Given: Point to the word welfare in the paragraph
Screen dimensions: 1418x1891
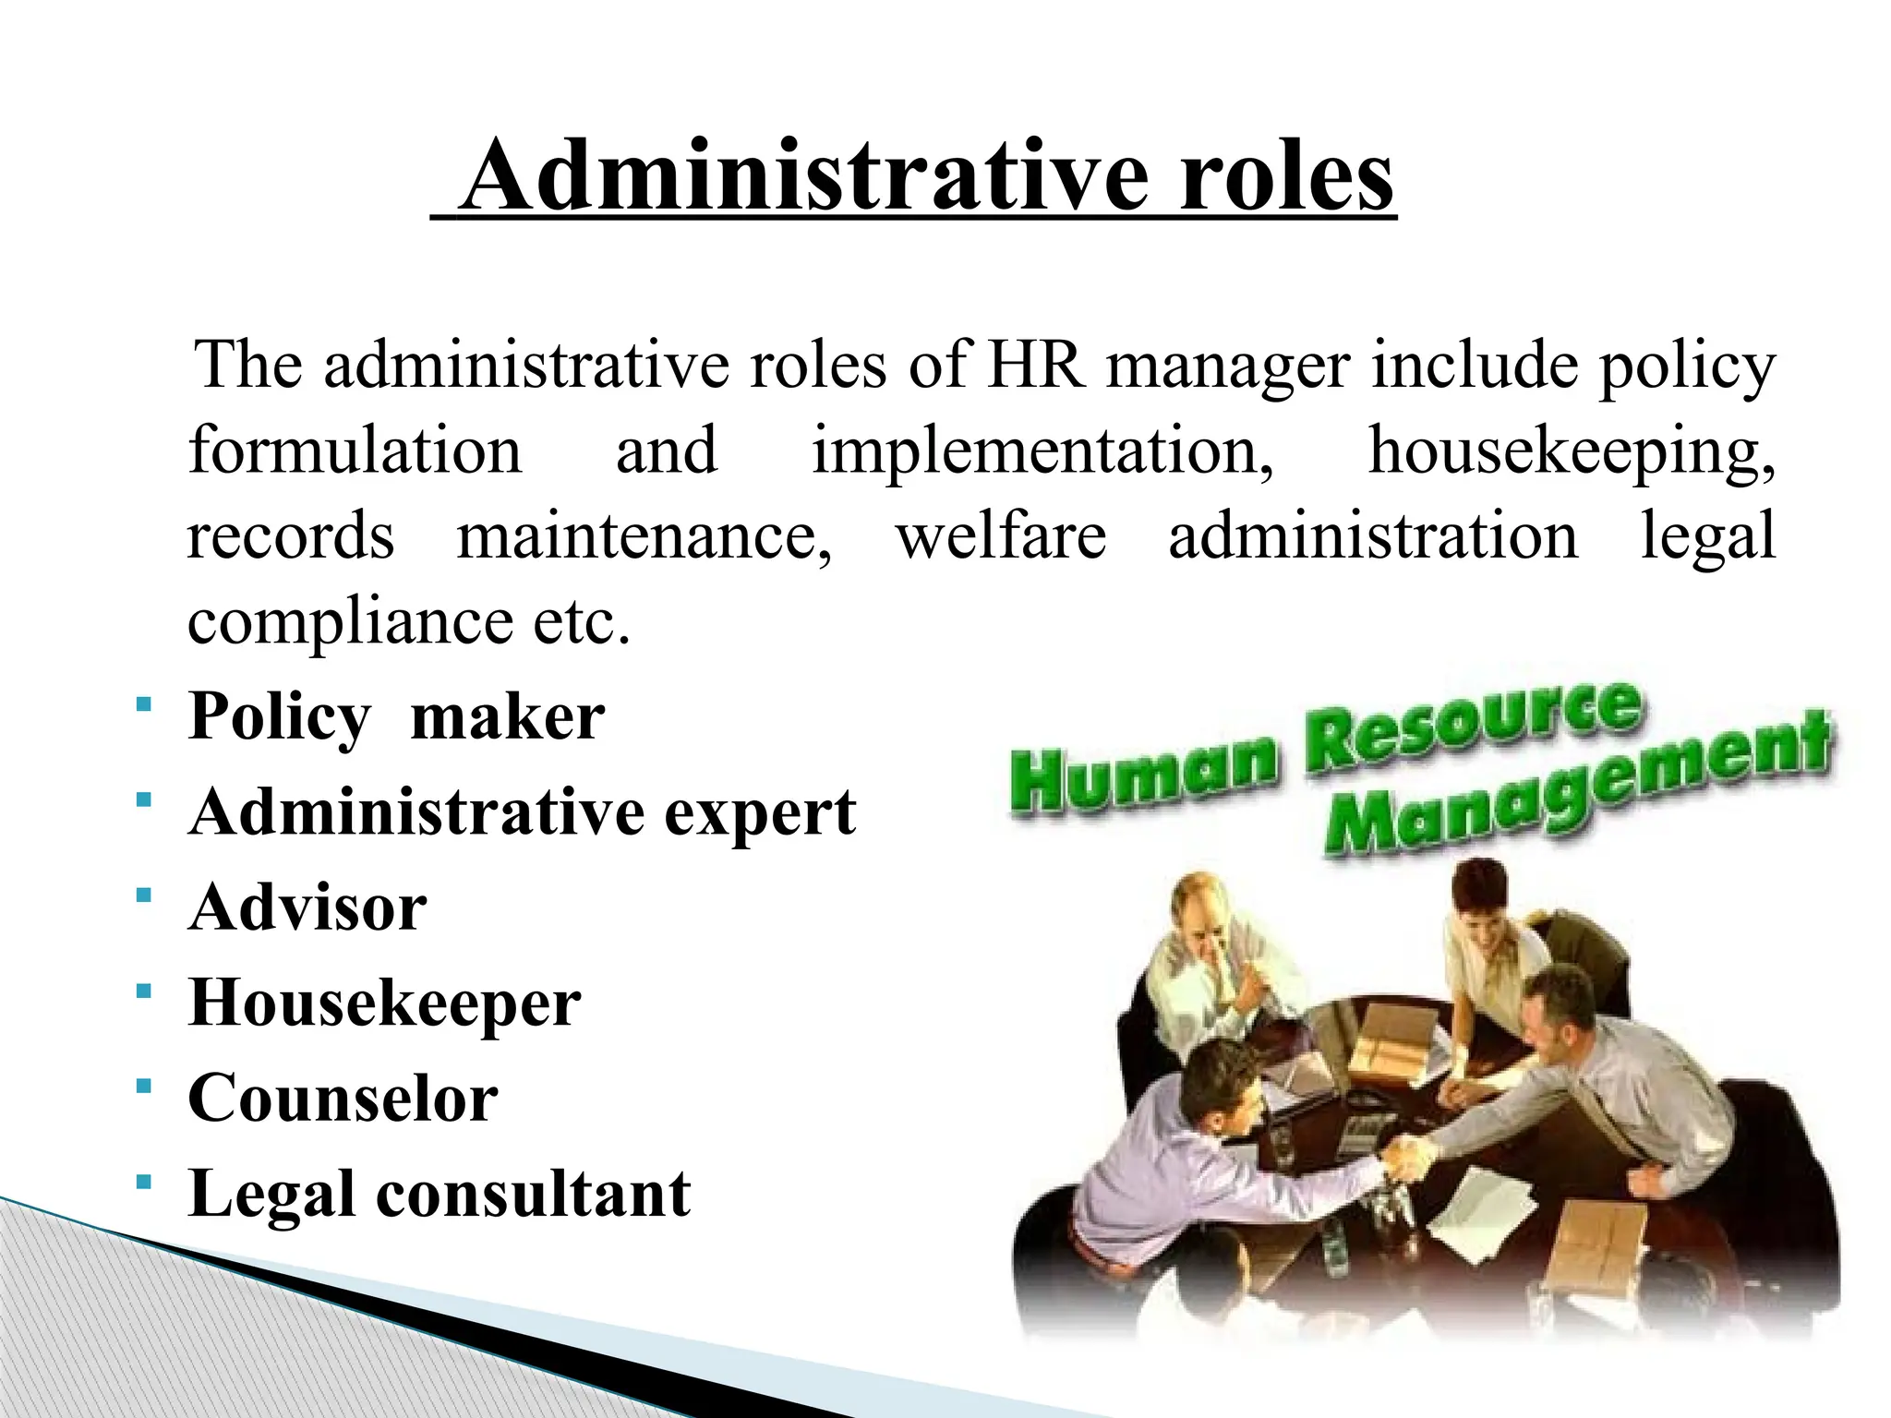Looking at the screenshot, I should pyautogui.click(x=1001, y=536).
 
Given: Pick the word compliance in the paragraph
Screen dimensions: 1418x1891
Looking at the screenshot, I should pyautogui.click(x=350, y=622).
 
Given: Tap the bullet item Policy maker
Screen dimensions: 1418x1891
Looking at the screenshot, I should pyautogui.click(x=396, y=716).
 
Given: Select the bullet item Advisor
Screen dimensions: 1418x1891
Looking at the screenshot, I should pyautogui.click(x=307, y=907).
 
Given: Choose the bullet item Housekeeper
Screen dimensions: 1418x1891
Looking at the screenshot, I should pyautogui.click(x=384, y=1003).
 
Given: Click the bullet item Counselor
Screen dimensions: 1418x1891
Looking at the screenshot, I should pyautogui.click(x=343, y=1099).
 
